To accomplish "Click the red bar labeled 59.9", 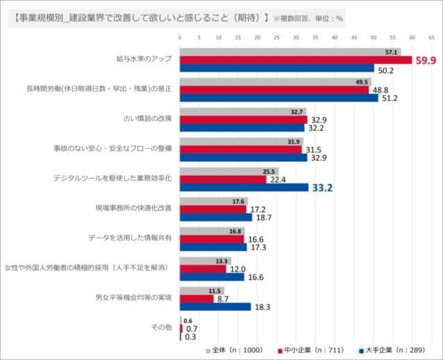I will click(x=296, y=60).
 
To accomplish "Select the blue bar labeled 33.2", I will click(x=244, y=187).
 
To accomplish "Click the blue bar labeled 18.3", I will click(x=215, y=306).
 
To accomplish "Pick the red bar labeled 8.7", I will click(x=197, y=299).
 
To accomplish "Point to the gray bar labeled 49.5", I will click(x=275, y=82).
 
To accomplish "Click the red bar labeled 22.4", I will click(x=223, y=179).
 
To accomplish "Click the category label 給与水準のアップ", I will click(x=143, y=60).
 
